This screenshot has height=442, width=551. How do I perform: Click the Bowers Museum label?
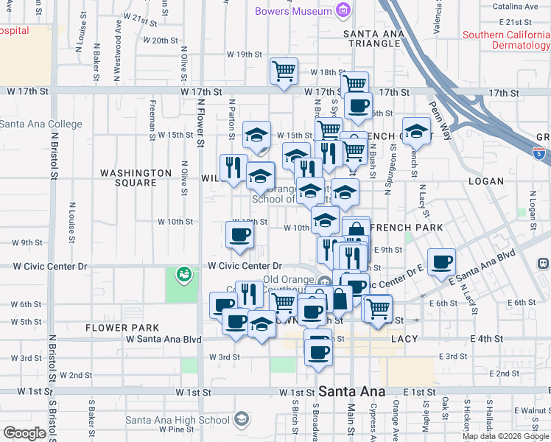[292, 11]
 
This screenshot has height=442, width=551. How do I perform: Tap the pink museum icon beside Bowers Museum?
[342, 10]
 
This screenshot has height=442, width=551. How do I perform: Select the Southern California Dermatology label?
[507, 40]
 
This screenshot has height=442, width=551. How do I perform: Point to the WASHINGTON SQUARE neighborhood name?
[136, 178]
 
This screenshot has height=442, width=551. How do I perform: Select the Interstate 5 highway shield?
[539, 152]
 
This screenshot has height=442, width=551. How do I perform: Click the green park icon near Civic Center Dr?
[183, 275]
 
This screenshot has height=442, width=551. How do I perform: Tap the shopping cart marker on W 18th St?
[284, 71]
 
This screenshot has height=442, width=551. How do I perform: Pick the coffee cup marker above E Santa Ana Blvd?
[441, 262]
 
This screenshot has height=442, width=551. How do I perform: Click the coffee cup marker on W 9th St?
[239, 235]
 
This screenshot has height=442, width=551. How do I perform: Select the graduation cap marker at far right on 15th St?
[416, 131]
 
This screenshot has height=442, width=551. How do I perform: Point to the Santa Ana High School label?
[178, 420]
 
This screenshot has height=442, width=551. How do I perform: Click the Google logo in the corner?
[24, 433]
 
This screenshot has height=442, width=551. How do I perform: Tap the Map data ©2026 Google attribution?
[505, 436]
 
